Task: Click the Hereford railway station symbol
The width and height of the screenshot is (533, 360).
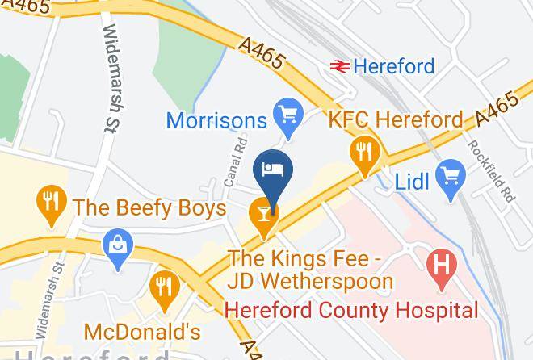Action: coord(338,65)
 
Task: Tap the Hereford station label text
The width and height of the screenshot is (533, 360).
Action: coord(395,65)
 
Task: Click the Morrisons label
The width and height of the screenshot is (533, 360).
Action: coord(216,120)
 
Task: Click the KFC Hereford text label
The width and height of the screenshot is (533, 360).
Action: coord(396,120)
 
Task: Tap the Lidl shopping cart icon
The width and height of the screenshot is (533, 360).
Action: coord(448,176)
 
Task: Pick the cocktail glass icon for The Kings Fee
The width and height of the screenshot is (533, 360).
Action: coord(264,214)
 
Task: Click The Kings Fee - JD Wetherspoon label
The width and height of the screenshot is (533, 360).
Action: coord(310,270)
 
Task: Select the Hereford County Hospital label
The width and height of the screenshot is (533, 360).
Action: coord(351,310)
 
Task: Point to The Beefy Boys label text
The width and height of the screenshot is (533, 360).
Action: coord(149,208)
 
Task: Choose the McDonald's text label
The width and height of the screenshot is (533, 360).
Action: coord(142,332)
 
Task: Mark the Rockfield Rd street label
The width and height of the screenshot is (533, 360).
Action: coord(489,172)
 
